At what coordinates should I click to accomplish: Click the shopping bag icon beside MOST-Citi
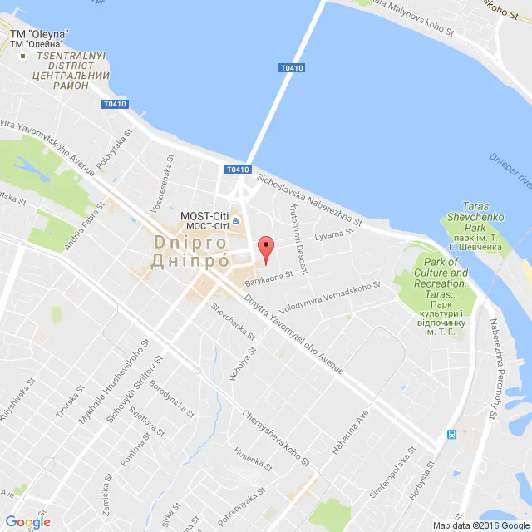pyautogui.click(x=235, y=221)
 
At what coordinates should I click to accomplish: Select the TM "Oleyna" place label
pyautogui.click(x=39, y=38)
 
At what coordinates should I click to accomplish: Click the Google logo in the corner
pyautogui.click(x=27, y=521)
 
